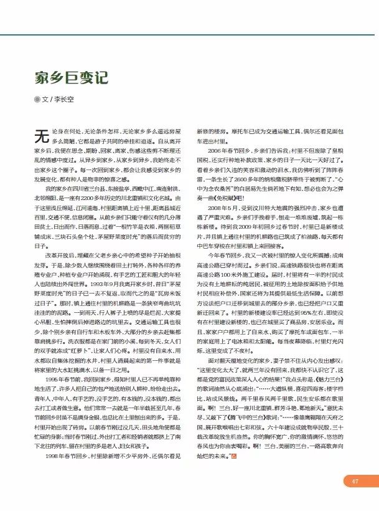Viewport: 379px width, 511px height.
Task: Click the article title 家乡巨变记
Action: (x=71, y=77)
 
